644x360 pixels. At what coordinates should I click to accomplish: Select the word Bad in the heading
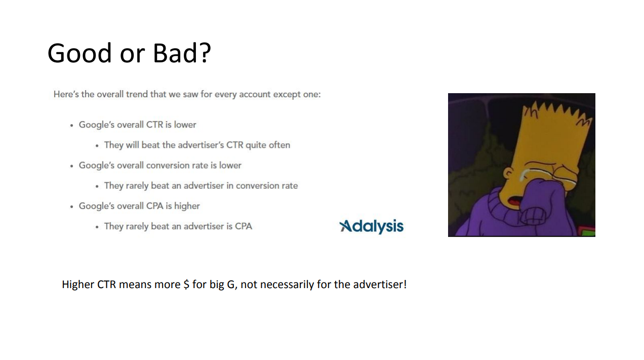click(175, 53)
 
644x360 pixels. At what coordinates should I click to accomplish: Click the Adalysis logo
click(372, 226)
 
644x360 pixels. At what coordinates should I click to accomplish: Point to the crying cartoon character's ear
click(508, 173)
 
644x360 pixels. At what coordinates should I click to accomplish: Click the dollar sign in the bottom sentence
click(187, 285)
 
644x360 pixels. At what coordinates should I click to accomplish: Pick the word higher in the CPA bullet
click(187, 206)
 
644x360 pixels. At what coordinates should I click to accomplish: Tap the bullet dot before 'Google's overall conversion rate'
click(71, 166)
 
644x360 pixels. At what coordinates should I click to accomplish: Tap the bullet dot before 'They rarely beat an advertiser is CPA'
click(97, 227)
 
